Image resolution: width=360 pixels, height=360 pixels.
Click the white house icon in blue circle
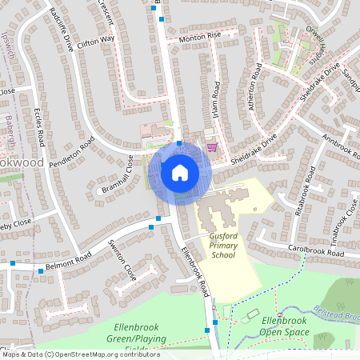[x=179, y=173]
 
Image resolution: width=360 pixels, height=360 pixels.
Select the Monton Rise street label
[x=199, y=37]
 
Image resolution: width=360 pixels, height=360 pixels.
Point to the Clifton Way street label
[x=96, y=39]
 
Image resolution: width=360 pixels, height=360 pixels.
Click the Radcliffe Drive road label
[x=61, y=30]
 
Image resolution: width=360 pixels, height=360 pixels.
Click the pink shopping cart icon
[x=212, y=147]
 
